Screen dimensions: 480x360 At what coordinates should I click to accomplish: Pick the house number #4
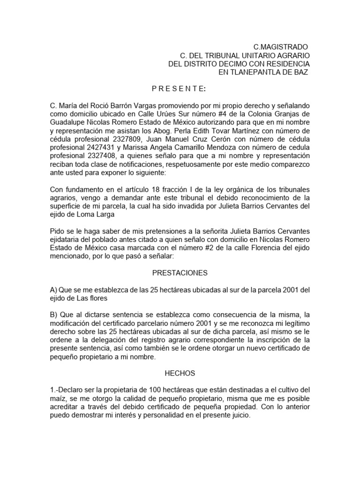click(x=216, y=113)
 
